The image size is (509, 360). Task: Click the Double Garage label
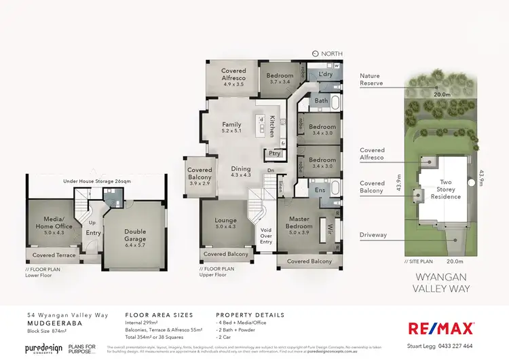(x=135, y=236)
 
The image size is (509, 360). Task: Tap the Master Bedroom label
(x=299, y=223)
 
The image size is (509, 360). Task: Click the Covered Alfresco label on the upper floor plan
(x=233, y=75)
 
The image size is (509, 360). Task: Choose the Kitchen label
(x=272, y=126)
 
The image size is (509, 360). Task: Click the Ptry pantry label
(x=275, y=154)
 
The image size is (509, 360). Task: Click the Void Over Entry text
(x=265, y=234)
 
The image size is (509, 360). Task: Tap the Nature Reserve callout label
(x=371, y=79)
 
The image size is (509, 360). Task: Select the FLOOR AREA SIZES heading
(x=159, y=316)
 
